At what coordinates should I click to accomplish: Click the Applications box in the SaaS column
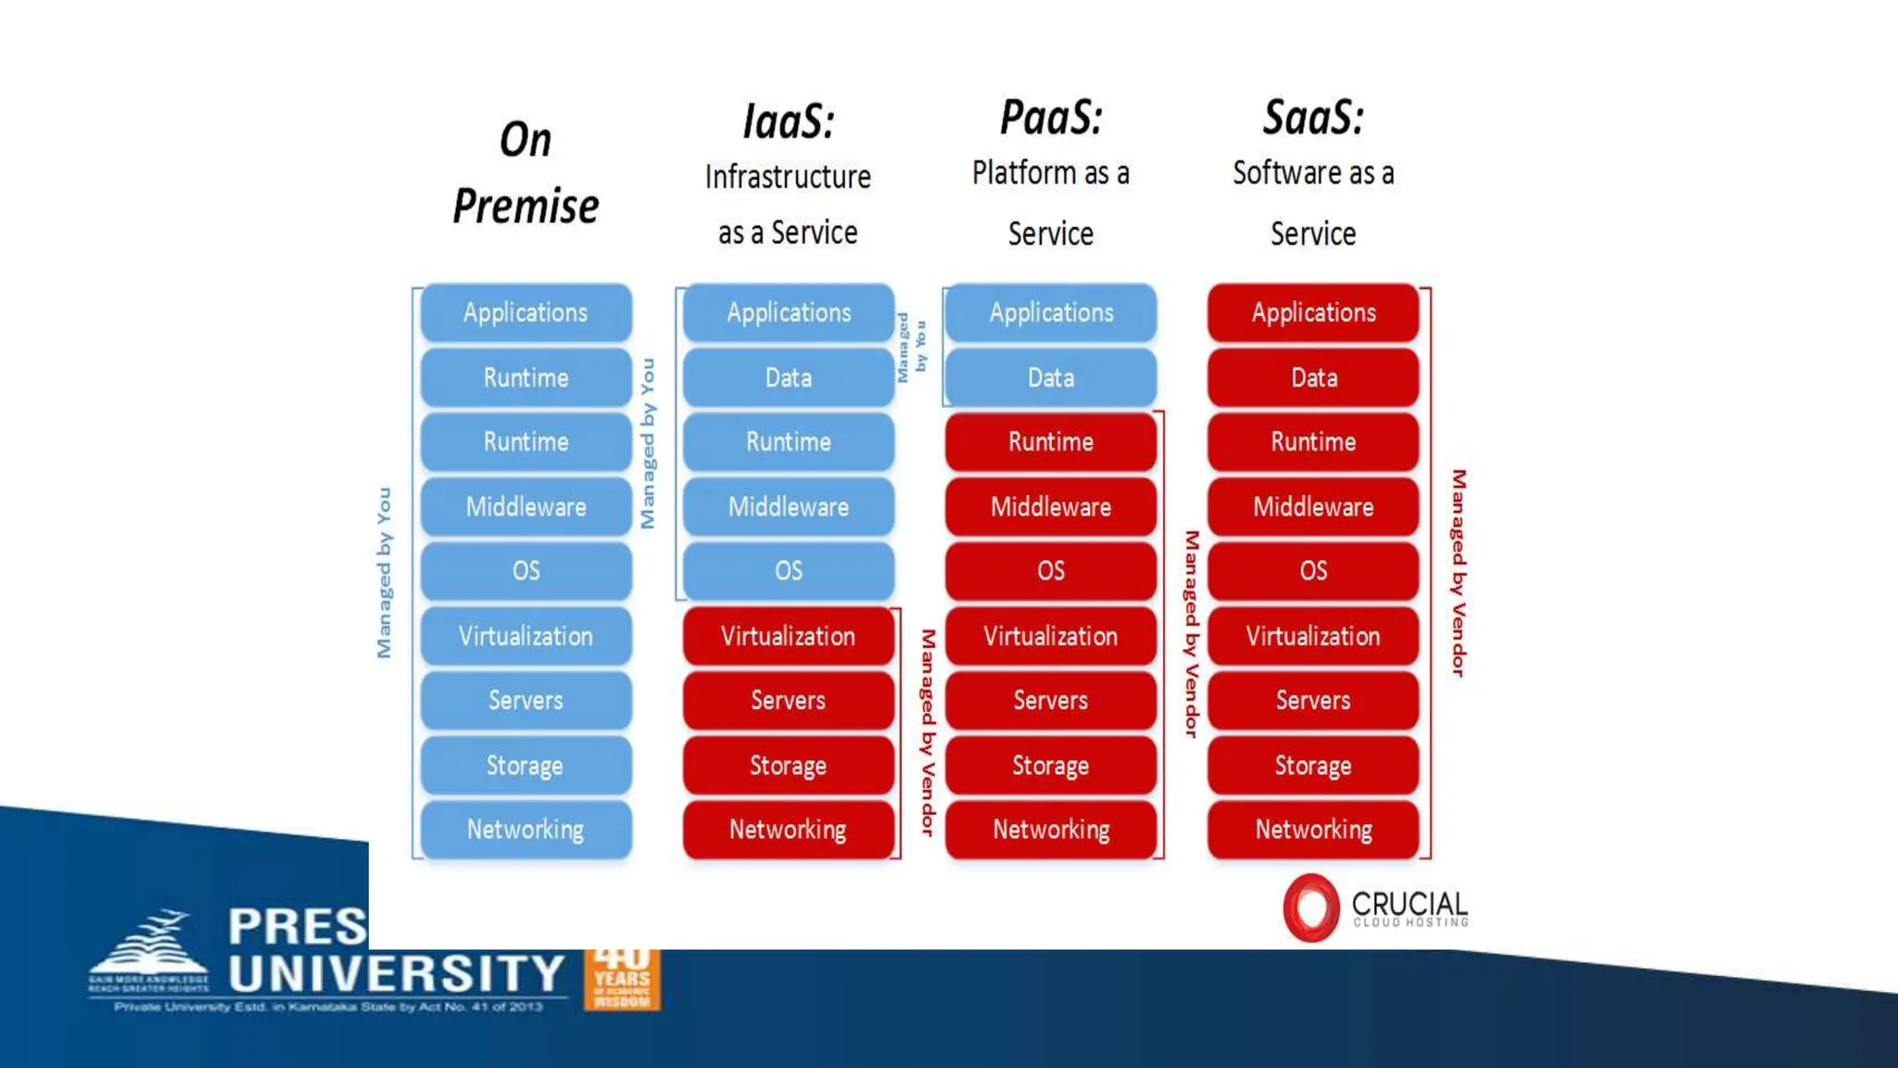click(x=1313, y=313)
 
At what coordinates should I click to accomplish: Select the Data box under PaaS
click(x=1050, y=378)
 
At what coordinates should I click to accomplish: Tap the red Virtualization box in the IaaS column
click(x=788, y=636)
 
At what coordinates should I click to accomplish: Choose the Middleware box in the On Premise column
click(x=525, y=507)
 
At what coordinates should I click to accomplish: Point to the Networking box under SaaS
click(x=1313, y=830)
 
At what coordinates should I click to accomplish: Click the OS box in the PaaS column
click(x=1050, y=571)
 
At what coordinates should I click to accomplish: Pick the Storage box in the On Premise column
click(x=525, y=766)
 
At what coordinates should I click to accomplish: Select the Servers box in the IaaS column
click(x=788, y=701)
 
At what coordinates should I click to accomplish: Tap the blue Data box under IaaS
click(x=788, y=378)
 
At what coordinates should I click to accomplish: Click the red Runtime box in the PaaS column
click(x=1050, y=442)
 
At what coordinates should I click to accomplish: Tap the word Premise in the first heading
click(x=525, y=206)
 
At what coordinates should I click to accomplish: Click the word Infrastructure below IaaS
click(x=788, y=177)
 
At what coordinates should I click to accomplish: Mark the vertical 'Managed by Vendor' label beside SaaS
click(x=1459, y=573)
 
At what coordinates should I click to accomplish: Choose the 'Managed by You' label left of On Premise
click(x=384, y=573)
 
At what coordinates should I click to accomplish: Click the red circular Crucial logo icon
click(x=1310, y=908)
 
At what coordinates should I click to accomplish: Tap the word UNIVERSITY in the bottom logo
click(x=397, y=973)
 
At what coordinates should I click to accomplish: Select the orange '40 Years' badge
click(x=622, y=981)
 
